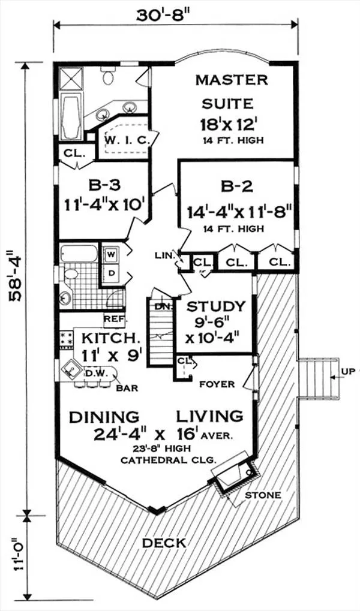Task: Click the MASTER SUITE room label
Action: pyautogui.click(x=232, y=92)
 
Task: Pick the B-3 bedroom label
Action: pyautogui.click(x=103, y=185)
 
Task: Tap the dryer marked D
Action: pyautogui.click(x=111, y=273)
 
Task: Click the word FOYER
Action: pyautogui.click(x=217, y=384)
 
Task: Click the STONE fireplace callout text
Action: pyautogui.click(x=262, y=496)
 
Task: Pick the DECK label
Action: pyautogui.click(x=164, y=543)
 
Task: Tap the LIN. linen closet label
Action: pyautogui.click(x=163, y=255)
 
